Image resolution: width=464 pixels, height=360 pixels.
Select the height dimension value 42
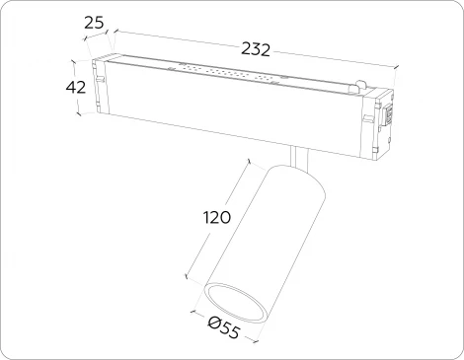pos(76,89)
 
